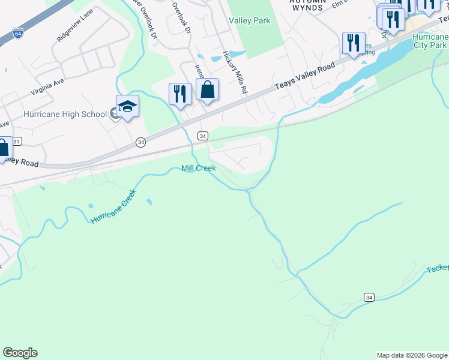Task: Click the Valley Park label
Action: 250,20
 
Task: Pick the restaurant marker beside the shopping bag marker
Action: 180,94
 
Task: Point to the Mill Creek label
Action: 199,169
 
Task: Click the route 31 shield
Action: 17,142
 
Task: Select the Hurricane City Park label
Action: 429,41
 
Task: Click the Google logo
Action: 20,353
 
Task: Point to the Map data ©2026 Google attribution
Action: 412,355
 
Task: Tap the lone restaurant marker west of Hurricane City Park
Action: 353,43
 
